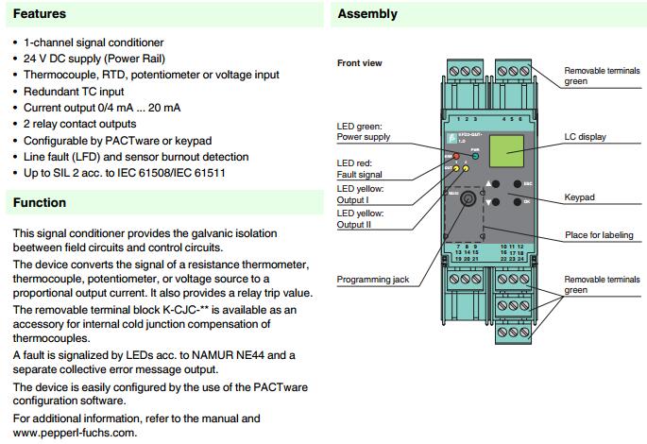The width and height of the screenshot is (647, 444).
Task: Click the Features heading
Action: click(40, 14)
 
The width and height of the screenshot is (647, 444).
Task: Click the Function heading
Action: click(40, 202)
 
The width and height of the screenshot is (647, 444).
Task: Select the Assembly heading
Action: click(367, 14)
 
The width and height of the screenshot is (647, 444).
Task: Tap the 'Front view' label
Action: click(360, 63)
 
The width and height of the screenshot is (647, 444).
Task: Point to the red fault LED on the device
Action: click(455, 156)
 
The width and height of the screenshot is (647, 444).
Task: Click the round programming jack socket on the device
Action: click(466, 200)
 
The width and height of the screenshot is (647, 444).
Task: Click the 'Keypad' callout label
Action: click(580, 197)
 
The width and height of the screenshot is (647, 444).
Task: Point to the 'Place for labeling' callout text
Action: click(599, 235)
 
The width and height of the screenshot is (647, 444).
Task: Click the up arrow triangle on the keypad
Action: click(489, 183)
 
